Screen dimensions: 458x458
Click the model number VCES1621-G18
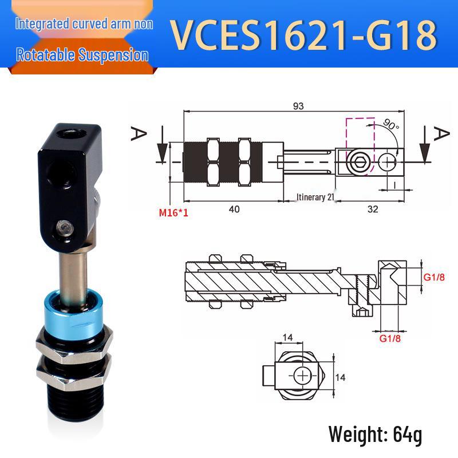click(303, 35)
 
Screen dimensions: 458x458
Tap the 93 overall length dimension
click(298, 106)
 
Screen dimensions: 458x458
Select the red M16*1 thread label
click(173, 212)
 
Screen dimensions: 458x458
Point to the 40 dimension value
click(234, 209)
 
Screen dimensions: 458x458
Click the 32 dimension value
click(373, 209)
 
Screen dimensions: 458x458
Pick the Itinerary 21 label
click(315, 197)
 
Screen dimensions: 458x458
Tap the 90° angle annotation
click(391, 124)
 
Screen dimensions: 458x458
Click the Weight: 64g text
click(375, 435)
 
